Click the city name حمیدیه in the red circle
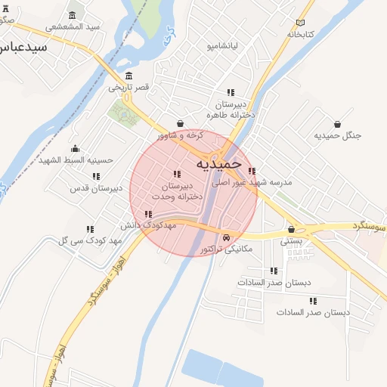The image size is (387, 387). (x=218, y=163)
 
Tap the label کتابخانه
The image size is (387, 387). (x=301, y=34)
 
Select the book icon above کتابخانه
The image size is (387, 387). (x=301, y=22)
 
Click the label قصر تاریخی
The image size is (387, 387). (x=128, y=88)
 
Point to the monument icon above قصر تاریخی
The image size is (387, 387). (x=128, y=76)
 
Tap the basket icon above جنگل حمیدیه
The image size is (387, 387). (x=336, y=123)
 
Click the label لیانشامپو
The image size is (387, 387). (x=223, y=45)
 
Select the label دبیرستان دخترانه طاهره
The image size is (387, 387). (x=231, y=109)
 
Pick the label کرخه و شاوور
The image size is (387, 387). (x=181, y=135)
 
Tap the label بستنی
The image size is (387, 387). (x=292, y=242)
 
